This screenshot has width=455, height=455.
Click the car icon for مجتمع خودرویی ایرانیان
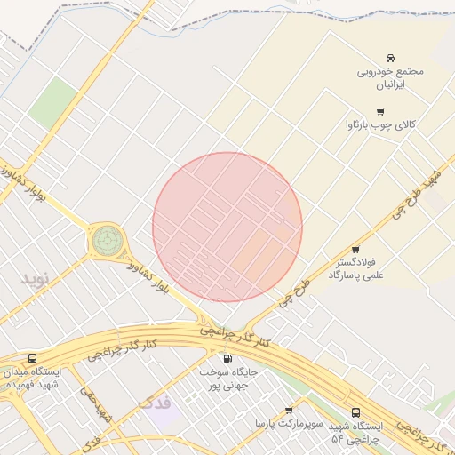390,56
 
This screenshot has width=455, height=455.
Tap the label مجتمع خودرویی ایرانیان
391,78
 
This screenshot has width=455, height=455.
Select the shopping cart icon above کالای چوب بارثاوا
380,112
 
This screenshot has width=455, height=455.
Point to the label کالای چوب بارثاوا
380,125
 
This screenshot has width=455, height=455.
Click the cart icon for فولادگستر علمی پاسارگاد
355,250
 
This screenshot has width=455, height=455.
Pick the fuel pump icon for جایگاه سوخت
227,359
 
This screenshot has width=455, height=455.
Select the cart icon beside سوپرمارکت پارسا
289,411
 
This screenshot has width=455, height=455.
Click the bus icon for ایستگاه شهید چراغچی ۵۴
355,413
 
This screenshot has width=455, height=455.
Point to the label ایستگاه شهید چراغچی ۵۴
355,434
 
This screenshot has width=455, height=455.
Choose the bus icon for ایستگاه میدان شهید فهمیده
33,357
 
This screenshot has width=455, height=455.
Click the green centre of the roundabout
107,239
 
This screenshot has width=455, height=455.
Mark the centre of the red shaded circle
227,227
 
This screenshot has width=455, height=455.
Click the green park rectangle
52,102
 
